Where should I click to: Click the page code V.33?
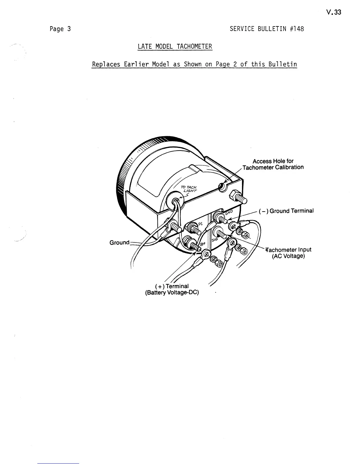pos(334,12)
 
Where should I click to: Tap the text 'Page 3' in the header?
pos(60,29)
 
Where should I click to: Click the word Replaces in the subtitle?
pos(106,64)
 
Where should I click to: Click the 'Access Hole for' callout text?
pos(273,161)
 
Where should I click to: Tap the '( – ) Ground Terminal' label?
pos(286,211)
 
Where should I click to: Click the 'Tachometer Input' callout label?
pos(289,250)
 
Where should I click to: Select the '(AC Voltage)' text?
pos(288,256)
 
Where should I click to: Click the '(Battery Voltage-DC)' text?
pos(172,293)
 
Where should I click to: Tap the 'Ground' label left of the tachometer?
pos(119,242)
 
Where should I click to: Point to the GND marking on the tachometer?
pos(229,213)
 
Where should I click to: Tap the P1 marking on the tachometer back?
pos(200,224)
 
